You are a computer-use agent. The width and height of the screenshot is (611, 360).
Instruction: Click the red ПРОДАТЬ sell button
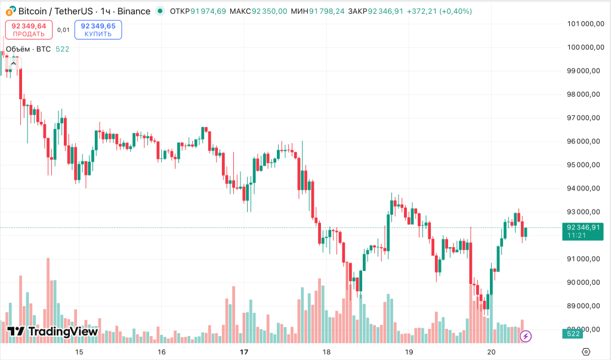(x=29, y=29)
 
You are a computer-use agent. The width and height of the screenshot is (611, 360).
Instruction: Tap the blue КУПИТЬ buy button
(x=98, y=29)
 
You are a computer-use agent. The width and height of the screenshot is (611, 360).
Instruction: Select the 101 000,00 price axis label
(x=582, y=24)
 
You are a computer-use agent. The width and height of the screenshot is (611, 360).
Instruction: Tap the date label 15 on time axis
(x=79, y=352)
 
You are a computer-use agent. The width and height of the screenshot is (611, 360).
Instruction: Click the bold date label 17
(x=243, y=352)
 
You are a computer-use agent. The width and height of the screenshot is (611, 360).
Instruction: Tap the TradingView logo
(x=53, y=332)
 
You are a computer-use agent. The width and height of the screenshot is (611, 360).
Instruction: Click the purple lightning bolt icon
(x=525, y=337)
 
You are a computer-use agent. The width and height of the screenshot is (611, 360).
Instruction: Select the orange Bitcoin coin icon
(x=10, y=11)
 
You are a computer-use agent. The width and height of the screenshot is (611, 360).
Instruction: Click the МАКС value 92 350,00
(x=270, y=11)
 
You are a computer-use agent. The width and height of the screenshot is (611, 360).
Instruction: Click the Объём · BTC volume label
(x=28, y=49)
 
